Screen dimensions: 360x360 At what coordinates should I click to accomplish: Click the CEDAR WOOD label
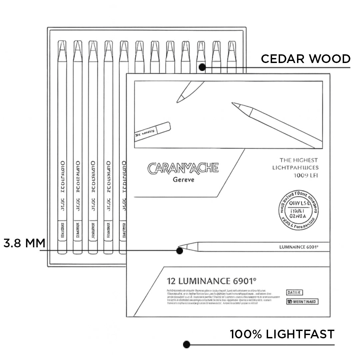[305, 59]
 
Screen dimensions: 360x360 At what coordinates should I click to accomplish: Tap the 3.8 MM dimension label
[24, 243]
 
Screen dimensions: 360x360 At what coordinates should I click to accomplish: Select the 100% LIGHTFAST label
[282, 334]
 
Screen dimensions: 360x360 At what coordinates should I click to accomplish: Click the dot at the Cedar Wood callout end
[202, 67]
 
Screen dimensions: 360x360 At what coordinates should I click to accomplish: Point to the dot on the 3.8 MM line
[180, 250]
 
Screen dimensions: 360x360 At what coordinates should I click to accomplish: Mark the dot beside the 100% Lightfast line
[187, 344]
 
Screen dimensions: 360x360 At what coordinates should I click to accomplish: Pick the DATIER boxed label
[294, 293]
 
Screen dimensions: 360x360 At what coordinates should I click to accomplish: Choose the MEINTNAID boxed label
[302, 302]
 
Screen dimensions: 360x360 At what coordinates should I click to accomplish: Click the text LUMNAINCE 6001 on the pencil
[298, 247]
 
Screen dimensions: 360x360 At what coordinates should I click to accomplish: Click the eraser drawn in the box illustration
[153, 131]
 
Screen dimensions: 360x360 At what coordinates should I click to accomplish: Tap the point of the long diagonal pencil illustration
[234, 104]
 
